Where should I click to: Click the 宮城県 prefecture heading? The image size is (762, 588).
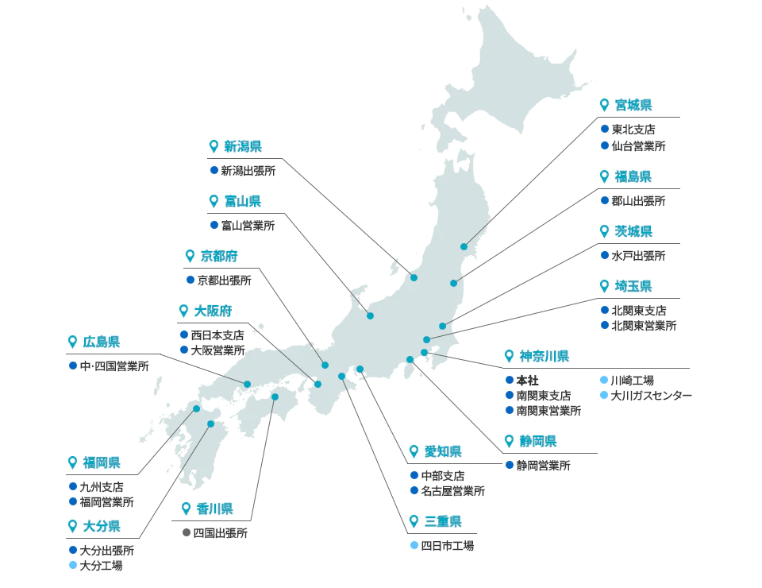633,105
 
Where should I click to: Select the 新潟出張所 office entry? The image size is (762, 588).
248,170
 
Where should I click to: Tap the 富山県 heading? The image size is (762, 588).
242,201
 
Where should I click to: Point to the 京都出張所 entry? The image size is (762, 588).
224,280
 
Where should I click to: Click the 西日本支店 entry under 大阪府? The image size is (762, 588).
217,335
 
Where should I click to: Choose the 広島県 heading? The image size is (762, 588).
101,342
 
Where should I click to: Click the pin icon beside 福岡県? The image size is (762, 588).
73,462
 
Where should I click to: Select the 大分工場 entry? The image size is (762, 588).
101,566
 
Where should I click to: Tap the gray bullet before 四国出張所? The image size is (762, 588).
187,533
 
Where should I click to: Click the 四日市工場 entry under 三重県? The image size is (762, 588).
447,546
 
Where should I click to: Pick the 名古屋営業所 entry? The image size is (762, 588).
452,491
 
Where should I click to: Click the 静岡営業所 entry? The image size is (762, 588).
543,466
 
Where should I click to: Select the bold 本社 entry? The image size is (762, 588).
527,381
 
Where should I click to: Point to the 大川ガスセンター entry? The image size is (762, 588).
651,395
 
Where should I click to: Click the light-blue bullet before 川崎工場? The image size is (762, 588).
603,381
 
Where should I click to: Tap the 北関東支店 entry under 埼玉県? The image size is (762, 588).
639,310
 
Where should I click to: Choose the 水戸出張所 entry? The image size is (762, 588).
638,256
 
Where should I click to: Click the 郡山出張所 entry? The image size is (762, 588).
638,201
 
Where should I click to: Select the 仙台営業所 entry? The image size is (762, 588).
638,145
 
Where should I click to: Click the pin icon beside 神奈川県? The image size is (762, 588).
510,356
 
